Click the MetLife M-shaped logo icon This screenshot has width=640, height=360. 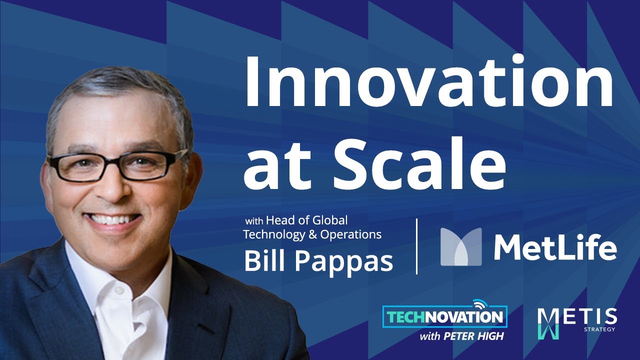coord(460,246)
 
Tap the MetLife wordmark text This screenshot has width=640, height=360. coord(555,247)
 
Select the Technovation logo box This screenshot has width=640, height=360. coord(444,316)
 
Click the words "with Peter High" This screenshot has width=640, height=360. coord(461,336)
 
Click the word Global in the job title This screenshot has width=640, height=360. coord(330,220)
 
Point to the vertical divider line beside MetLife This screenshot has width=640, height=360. coord(417,246)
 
